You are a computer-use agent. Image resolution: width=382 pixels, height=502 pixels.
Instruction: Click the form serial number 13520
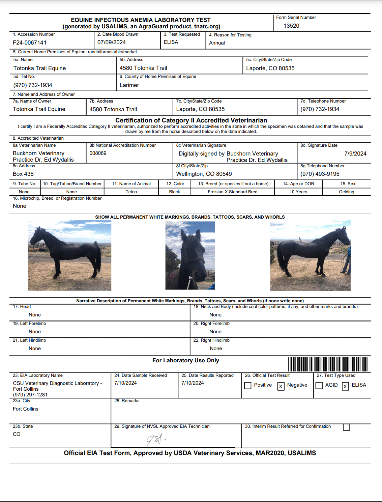291,26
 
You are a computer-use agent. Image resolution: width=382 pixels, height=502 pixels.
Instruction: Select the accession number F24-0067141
30,43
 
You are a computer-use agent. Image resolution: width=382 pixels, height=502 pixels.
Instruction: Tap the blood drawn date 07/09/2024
112,43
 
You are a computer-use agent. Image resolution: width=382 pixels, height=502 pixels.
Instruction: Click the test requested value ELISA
171,42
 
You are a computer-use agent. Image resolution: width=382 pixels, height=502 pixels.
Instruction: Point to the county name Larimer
129,85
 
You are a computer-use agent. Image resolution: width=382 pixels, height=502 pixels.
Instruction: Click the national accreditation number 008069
98,153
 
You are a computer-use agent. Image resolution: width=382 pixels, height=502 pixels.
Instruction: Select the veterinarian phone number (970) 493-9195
320,174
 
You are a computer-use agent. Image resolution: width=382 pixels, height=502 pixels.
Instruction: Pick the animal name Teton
131,192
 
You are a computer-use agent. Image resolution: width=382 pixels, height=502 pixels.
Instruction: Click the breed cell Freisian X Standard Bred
232,192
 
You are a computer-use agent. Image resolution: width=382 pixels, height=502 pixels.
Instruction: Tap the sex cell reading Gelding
346,192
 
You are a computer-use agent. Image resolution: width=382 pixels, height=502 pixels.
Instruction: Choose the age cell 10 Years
298,192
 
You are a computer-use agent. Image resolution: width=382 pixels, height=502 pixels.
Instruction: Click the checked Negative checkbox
281,386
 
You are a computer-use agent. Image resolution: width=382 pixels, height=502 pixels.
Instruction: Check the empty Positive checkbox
248,386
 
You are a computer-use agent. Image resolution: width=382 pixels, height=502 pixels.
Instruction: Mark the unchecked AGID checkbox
319,385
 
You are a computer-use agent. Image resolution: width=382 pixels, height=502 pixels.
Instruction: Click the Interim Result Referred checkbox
346,427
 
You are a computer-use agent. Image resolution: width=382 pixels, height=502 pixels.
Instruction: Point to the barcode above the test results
328,364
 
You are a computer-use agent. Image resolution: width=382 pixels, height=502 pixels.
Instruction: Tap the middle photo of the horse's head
190,255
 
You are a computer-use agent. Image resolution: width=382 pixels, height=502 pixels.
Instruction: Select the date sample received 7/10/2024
125,383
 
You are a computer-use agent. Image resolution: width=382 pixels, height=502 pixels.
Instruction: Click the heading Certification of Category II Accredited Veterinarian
191,120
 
